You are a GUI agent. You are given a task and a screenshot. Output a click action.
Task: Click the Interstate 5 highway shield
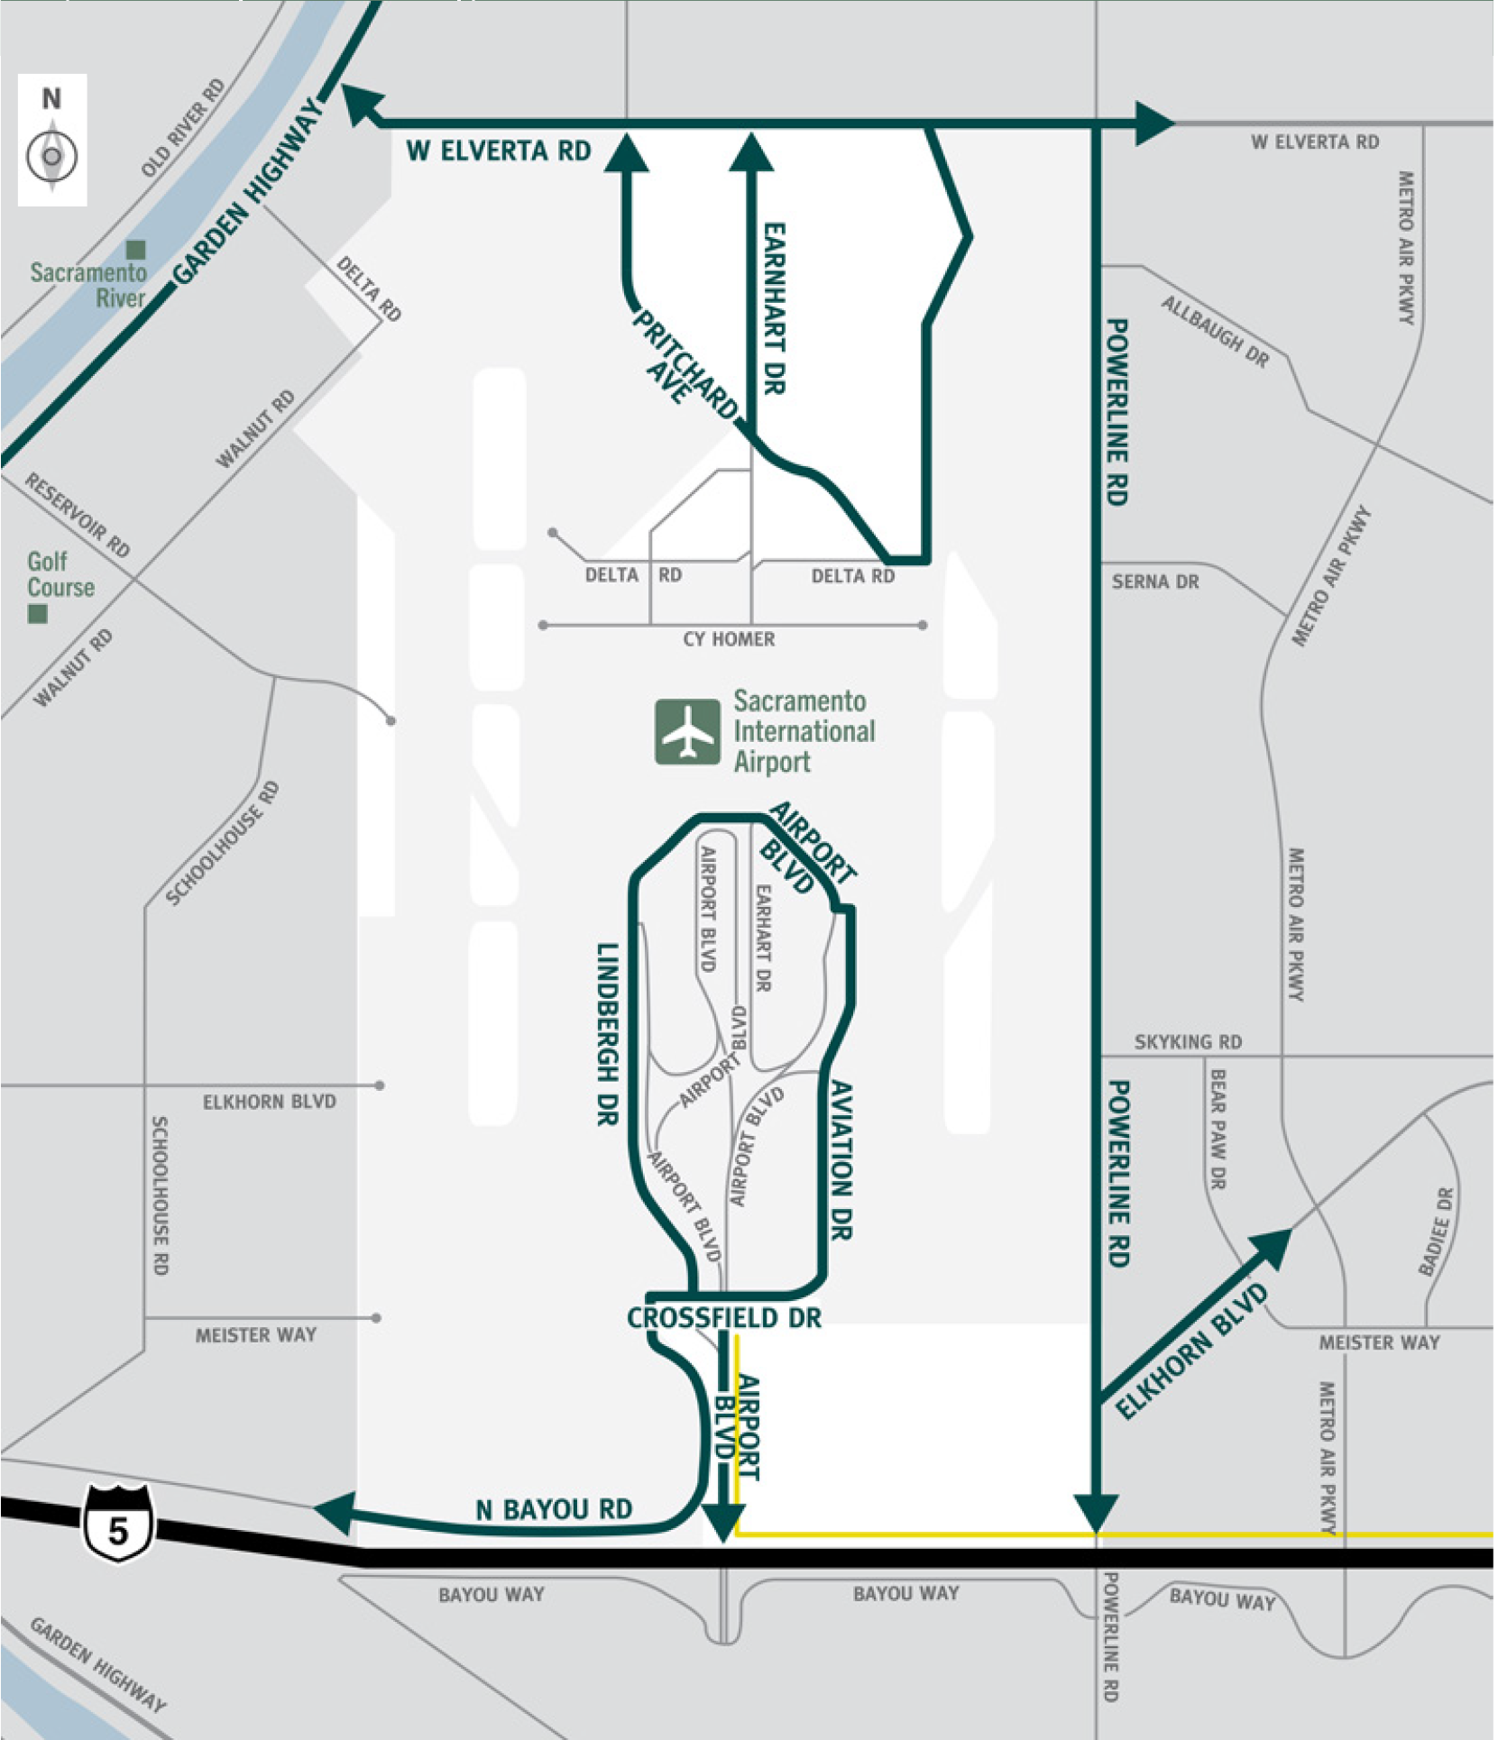(118, 1525)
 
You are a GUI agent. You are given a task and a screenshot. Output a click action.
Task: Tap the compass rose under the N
(51, 156)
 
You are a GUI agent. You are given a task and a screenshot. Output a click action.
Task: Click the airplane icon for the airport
(688, 732)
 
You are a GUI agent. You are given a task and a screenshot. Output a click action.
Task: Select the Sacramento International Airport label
(803, 731)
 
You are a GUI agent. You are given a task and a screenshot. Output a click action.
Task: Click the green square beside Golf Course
(37, 614)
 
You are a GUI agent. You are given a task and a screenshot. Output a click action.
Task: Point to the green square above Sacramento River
(135, 250)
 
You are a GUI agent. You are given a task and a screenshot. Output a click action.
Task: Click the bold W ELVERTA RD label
(498, 151)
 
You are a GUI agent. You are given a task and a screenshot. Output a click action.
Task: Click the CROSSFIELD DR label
(724, 1318)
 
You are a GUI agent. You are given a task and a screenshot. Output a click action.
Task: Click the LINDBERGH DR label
(608, 1033)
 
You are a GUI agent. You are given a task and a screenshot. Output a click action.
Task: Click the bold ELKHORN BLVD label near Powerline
(1192, 1352)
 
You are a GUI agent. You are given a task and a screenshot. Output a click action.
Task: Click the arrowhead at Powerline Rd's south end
(1096, 1512)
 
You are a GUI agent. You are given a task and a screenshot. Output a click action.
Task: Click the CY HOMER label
(729, 639)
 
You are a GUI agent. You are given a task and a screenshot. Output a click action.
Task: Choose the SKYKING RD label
(1188, 1042)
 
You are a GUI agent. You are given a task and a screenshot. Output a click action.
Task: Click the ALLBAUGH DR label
(1214, 333)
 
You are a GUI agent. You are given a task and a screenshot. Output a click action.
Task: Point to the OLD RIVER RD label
(182, 128)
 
